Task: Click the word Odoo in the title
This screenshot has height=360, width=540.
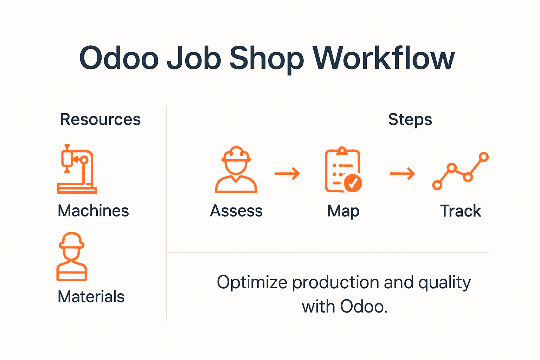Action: (119, 58)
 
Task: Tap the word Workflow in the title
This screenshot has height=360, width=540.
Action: (384, 58)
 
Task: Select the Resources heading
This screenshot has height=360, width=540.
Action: (101, 120)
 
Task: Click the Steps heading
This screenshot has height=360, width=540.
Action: (410, 120)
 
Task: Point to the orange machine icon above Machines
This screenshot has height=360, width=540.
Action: (77, 169)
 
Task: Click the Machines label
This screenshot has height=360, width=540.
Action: (94, 211)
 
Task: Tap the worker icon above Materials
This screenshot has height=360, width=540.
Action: (72, 256)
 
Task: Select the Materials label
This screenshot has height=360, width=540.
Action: (91, 297)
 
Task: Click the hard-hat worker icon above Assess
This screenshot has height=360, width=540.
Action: (236, 170)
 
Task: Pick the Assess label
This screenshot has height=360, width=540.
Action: (236, 211)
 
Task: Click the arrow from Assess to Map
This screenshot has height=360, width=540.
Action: (287, 173)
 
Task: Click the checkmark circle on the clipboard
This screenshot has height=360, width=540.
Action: (353, 183)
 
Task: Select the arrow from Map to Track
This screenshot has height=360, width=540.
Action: (402, 173)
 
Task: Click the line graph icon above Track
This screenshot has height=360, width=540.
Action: (461, 171)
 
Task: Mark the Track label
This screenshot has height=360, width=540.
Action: (461, 211)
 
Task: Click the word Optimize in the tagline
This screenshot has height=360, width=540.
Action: (252, 283)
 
